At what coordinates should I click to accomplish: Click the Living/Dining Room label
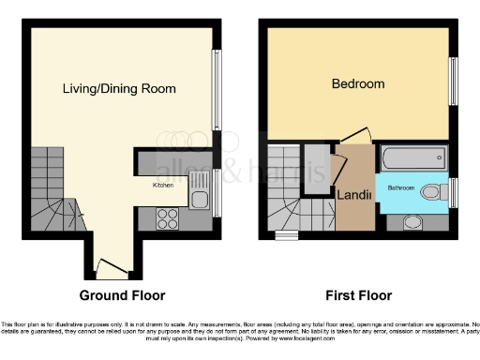tap(119, 89)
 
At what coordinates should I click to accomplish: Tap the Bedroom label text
tap(358, 84)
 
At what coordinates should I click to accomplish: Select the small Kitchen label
tap(164, 186)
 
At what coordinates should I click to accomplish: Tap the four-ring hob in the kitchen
tap(167, 218)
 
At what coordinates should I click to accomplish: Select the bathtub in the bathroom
tap(414, 158)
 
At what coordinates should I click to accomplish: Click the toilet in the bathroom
tap(434, 192)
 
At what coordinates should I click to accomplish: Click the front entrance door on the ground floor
tap(112, 272)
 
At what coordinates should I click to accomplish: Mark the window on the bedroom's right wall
tap(453, 84)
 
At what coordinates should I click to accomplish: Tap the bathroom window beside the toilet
tap(454, 192)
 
